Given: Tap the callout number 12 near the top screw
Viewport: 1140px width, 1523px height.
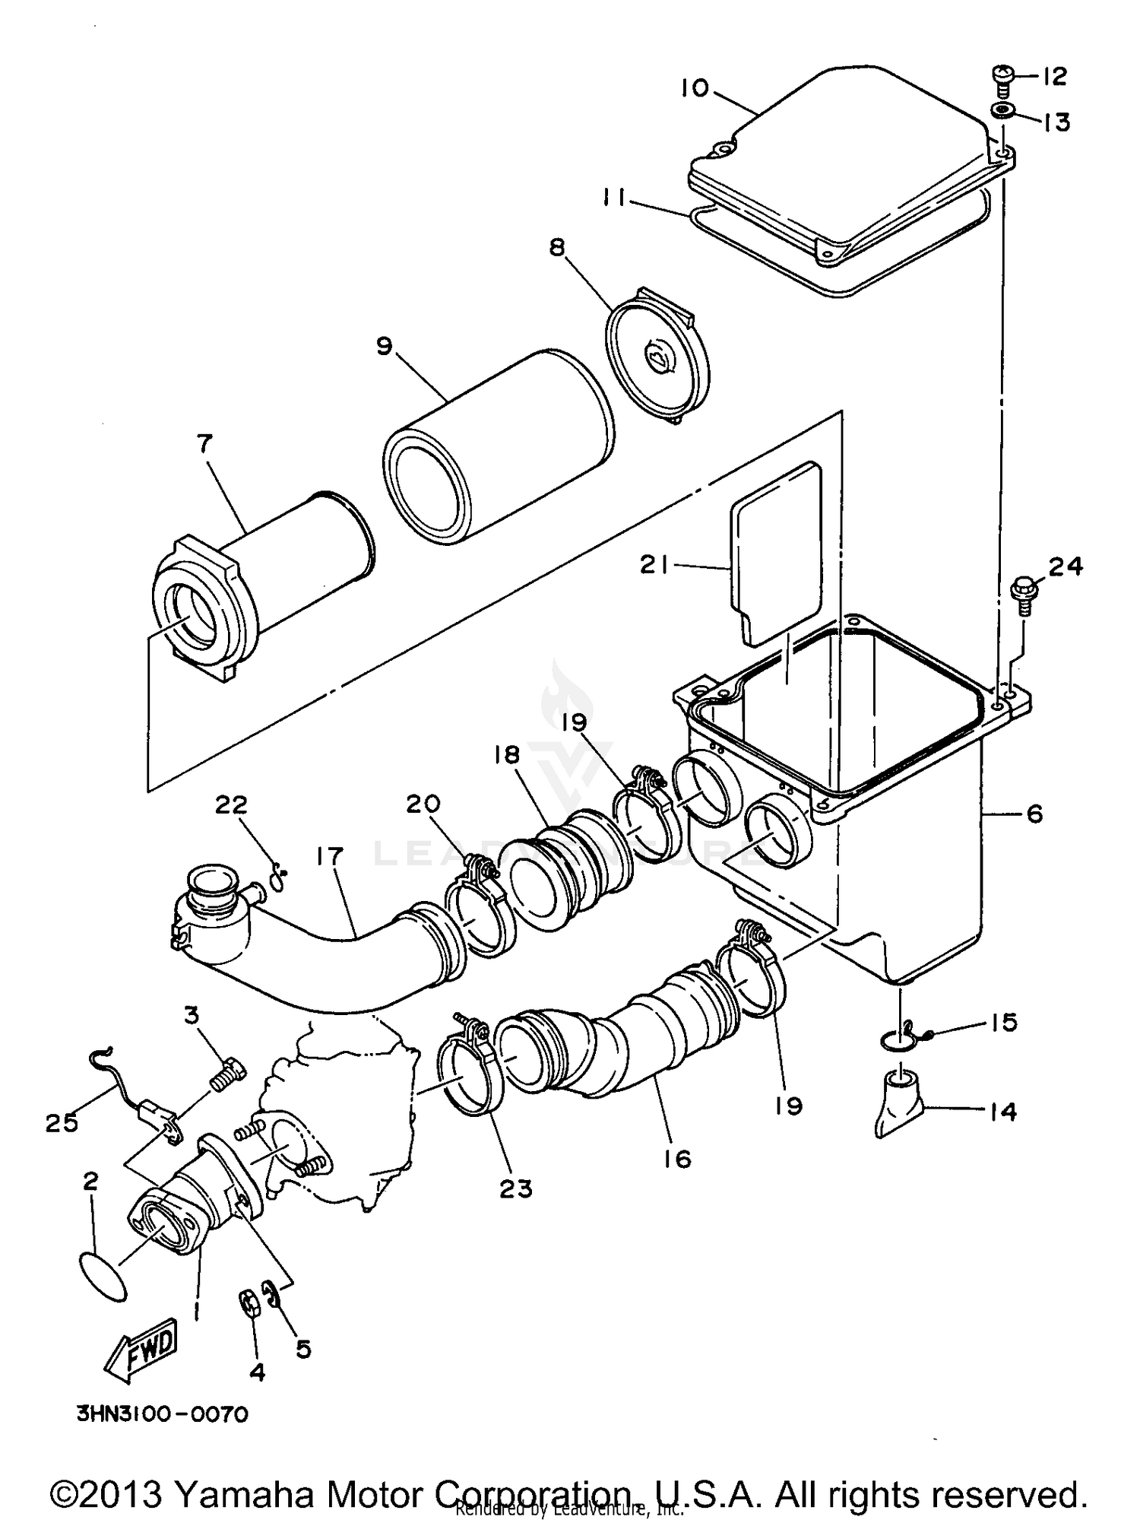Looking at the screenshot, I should click(1054, 76).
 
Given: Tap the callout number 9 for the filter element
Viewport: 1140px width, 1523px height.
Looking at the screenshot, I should click(385, 346).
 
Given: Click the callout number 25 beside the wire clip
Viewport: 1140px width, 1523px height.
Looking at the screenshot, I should click(62, 1122).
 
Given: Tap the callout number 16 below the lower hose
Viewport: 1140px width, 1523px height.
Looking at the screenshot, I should click(676, 1159).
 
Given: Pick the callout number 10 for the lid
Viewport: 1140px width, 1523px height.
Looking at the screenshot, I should click(693, 88).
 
